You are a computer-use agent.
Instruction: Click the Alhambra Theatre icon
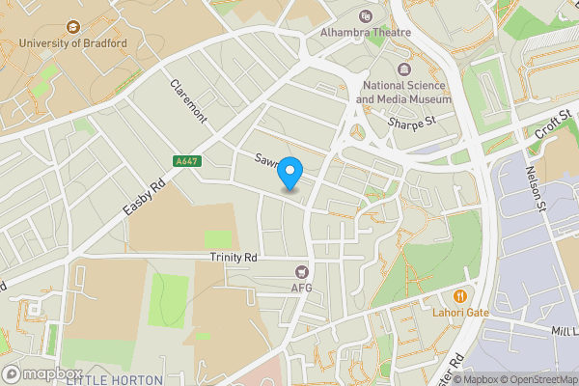coord(366,15)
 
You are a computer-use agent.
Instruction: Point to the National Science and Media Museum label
coord(403,92)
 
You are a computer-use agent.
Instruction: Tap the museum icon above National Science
coord(403,69)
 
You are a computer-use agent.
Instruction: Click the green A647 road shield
coord(188,161)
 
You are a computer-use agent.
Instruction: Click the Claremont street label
coord(188,100)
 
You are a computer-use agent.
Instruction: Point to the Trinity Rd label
coord(234,258)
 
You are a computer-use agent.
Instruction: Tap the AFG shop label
coord(302,289)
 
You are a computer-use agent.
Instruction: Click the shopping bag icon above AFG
coord(302,273)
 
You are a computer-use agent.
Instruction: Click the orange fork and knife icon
coord(460,295)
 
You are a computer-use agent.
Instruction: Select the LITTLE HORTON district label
coord(114,380)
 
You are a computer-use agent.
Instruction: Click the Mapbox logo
coord(42,373)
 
